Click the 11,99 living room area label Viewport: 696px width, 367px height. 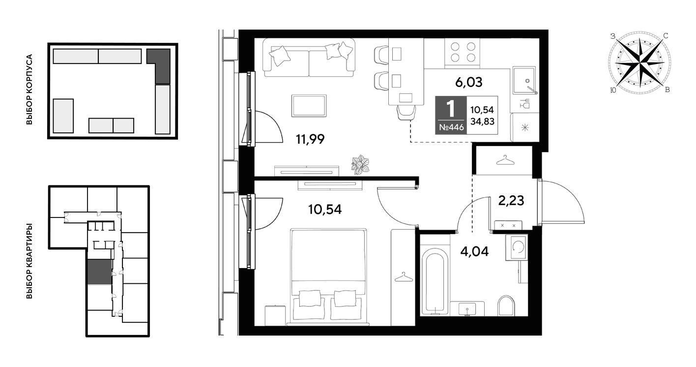310,139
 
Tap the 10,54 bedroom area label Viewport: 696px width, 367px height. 325,209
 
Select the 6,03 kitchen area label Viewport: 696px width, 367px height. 468,83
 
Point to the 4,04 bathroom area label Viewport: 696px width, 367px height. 474,251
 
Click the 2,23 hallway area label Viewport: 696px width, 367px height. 511,201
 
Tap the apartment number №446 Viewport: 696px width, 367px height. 452,127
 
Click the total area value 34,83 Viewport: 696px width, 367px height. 482,122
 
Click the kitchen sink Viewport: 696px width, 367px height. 524,80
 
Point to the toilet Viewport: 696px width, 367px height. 506,306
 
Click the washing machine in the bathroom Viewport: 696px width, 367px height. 517,247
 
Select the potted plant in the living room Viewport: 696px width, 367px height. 360,164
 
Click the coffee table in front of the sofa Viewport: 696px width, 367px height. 309,106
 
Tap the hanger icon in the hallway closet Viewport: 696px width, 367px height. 505,160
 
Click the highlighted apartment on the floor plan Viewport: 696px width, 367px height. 99,272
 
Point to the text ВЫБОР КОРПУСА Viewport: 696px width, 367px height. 29,90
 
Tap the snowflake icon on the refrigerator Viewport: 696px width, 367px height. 525,127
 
